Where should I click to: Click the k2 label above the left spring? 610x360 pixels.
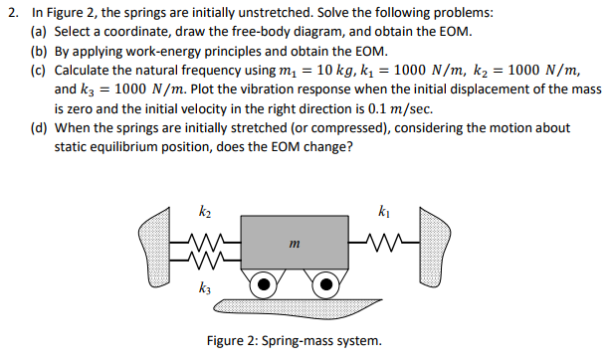(x=206, y=212)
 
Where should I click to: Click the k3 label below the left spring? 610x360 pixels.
(x=206, y=287)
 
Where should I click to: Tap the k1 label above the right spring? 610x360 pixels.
(x=386, y=212)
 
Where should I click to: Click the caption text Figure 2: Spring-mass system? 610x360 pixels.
(x=293, y=341)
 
